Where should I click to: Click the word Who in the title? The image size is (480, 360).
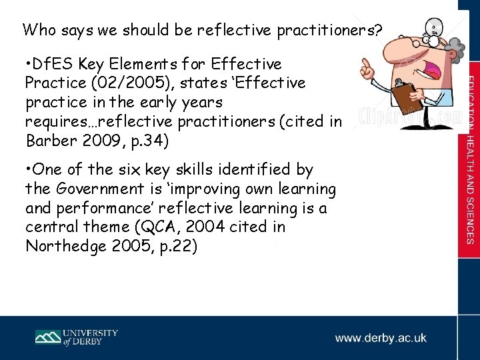click(x=37, y=30)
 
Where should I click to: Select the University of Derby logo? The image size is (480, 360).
click(x=76, y=338)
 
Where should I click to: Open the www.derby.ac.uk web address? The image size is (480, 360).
click(x=381, y=338)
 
